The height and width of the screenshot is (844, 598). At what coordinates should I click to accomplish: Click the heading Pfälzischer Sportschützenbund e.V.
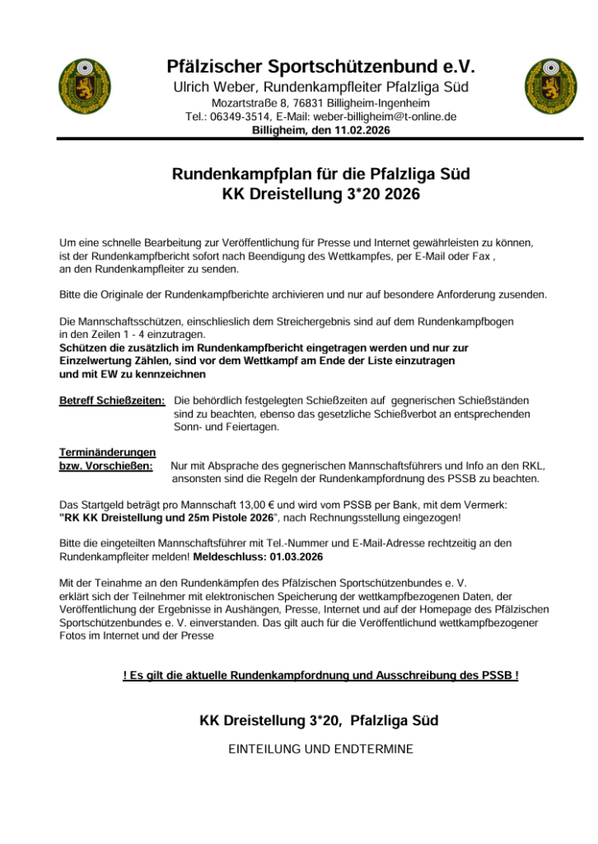click(320, 66)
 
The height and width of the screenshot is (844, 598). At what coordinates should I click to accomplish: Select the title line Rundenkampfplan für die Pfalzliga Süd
click(320, 175)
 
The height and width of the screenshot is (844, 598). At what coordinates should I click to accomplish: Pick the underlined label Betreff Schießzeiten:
click(112, 401)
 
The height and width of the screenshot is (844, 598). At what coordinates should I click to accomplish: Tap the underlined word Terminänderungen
click(107, 452)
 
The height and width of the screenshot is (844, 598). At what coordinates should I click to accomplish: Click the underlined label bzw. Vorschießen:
click(105, 466)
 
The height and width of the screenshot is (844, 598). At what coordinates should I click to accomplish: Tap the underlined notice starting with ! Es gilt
click(320, 676)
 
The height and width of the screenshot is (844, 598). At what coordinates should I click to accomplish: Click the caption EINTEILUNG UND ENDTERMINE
click(320, 749)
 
